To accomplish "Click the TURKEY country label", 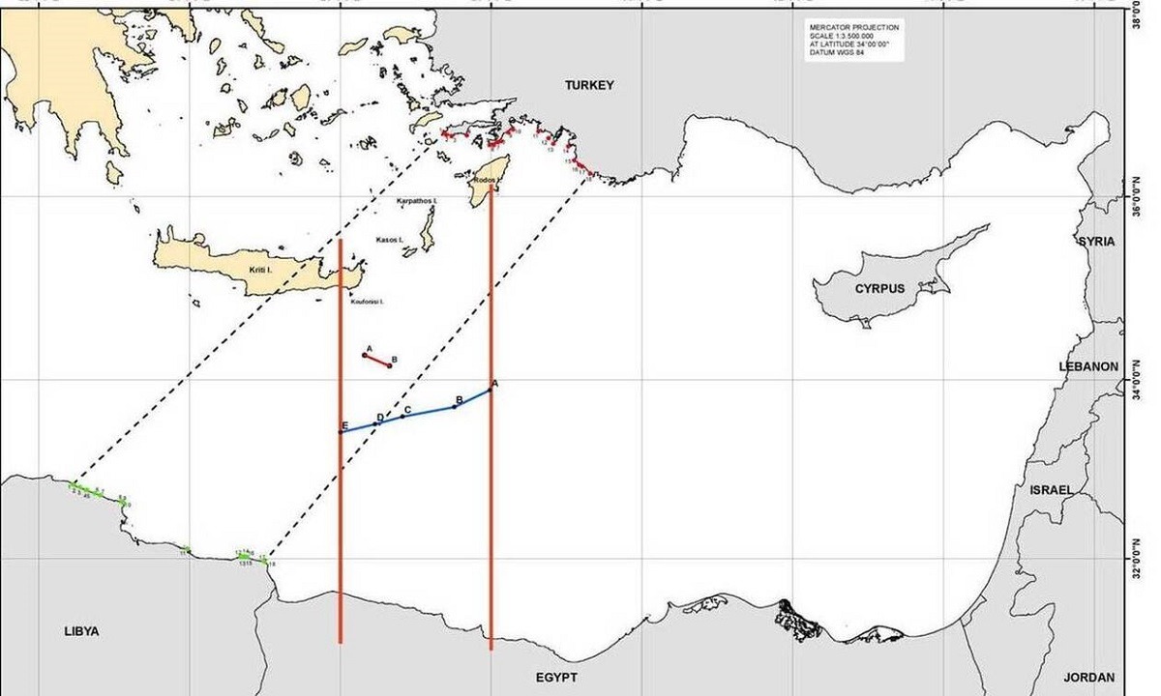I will click(589, 86).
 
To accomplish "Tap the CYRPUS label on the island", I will click(878, 289).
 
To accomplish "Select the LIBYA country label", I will click(81, 631).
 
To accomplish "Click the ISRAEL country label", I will click(1051, 490).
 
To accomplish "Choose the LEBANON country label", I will click(1087, 367).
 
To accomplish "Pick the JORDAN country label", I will click(1088, 678).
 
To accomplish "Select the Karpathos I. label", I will click(418, 201).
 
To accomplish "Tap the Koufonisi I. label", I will click(368, 302).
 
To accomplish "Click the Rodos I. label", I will click(485, 181).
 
